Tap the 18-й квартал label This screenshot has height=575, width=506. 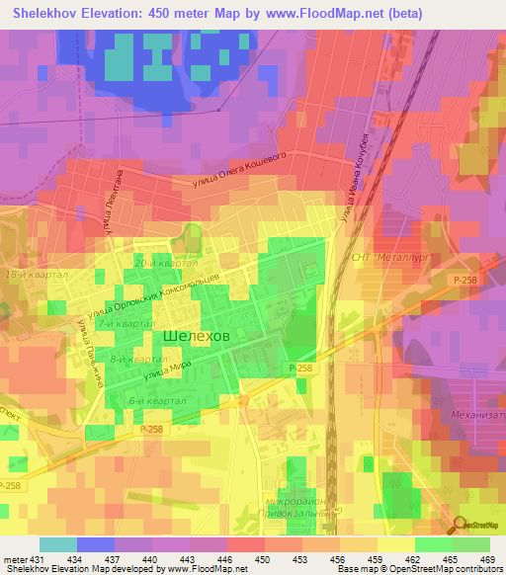pos(36,274)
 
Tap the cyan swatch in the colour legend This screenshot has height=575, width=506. pos(57,543)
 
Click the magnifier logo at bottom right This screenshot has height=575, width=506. pos(461,527)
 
